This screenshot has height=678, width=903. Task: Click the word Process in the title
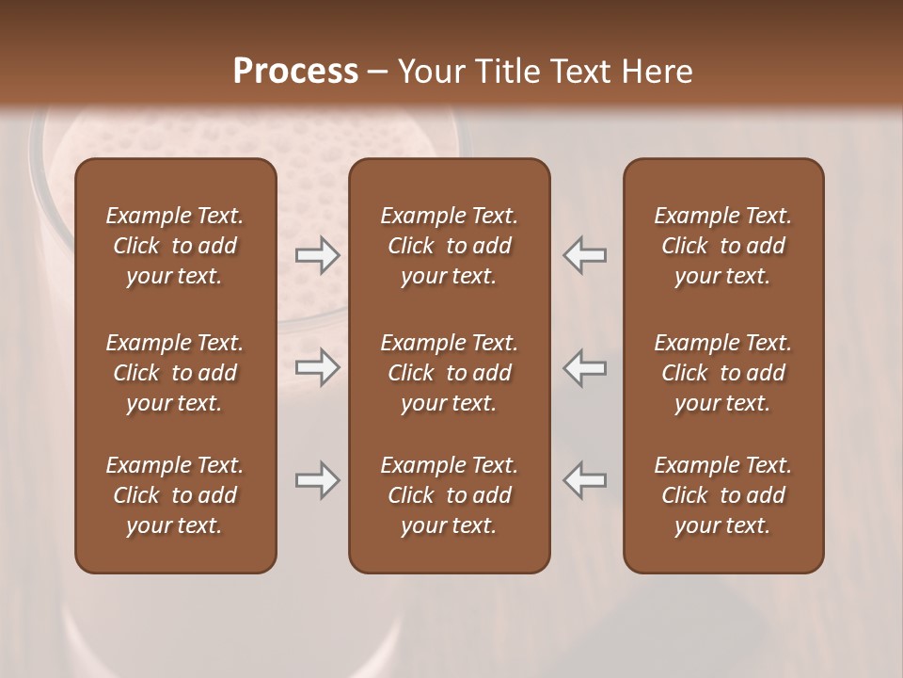tap(295, 71)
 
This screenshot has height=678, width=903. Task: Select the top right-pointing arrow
tap(317, 255)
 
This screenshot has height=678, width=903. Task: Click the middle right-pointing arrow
tap(317, 367)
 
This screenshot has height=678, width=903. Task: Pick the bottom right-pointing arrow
tap(317, 480)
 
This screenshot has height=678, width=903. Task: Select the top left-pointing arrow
tap(585, 255)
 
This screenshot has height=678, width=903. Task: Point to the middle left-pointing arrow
tap(585, 367)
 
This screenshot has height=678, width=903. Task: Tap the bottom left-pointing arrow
tap(585, 480)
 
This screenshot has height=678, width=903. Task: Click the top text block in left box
tap(175, 246)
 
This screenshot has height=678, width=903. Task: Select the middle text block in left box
tap(175, 373)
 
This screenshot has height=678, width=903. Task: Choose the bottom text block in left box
tap(175, 495)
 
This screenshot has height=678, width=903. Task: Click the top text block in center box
tap(449, 246)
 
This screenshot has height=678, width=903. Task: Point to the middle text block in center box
tap(449, 373)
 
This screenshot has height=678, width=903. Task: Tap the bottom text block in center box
tap(449, 495)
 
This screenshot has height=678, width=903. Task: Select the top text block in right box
tap(722, 246)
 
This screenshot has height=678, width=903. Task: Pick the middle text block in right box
tap(722, 373)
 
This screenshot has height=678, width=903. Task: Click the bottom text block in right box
tap(722, 495)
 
